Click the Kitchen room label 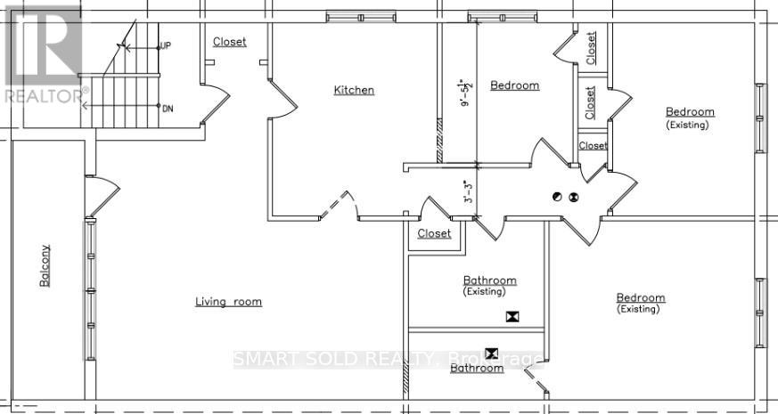(x=354, y=90)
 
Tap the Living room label (x=228, y=302)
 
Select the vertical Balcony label (x=44, y=265)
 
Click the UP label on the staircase (x=165, y=46)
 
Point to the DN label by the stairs (x=167, y=108)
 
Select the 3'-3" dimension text (x=466, y=192)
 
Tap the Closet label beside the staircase (x=229, y=42)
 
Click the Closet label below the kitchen (x=434, y=233)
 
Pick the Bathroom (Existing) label (x=488, y=285)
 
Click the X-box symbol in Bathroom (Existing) (x=512, y=315)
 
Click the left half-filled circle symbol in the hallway (x=558, y=197)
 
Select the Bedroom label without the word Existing (x=514, y=85)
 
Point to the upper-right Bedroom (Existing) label (x=690, y=118)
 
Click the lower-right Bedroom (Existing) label (x=640, y=303)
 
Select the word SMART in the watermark (x=264, y=360)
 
